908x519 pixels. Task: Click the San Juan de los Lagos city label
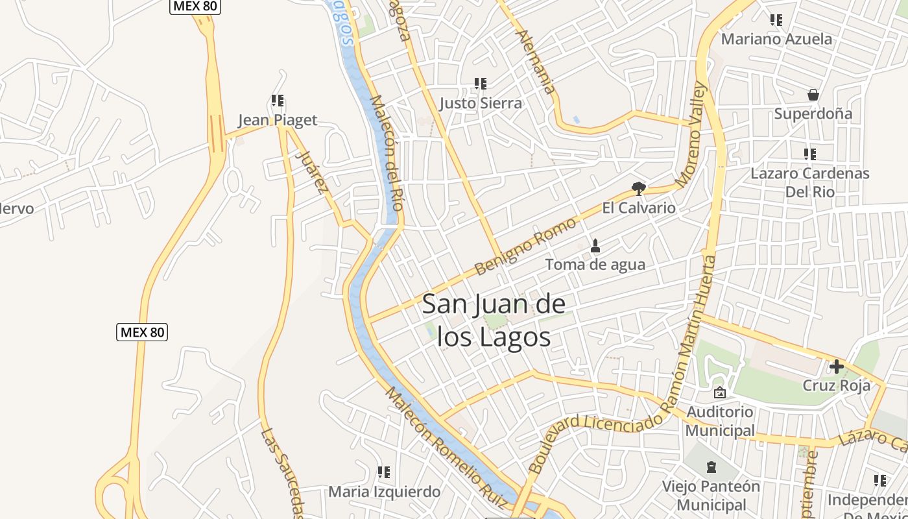pyautogui.click(x=493, y=320)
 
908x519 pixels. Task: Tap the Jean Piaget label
pyautogui.click(x=278, y=120)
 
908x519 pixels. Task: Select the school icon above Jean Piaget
pyautogui.click(x=278, y=101)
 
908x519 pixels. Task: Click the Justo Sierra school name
pyautogui.click(x=480, y=103)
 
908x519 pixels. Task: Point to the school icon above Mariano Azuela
pyautogui.click(x=776, y=20)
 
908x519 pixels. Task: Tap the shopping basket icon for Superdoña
pyautogui.click(x=813, y=95)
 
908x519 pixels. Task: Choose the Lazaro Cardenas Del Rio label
pyautogui.click(x=809, y=182)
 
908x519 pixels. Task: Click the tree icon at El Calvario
pyautogui.click(x=639, y=189)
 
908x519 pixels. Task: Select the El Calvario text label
pyautogui.click(x=639, y=208)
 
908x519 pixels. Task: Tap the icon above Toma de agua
pyautogui.click(x=595, y=246)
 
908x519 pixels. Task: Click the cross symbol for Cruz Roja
pyautogui.click(x=837, y=367)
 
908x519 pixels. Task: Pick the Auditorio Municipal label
pyautogui.click(x=720, y=421)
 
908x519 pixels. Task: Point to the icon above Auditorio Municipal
pyautogui.click(x=719, y=392)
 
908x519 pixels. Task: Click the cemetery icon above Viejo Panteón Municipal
pyautogui.click(x=711, y=467)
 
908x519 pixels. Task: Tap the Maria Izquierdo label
pyautogui.click(x=384, y=492)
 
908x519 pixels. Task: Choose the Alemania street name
pyautogui.click(x=537, y=62)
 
